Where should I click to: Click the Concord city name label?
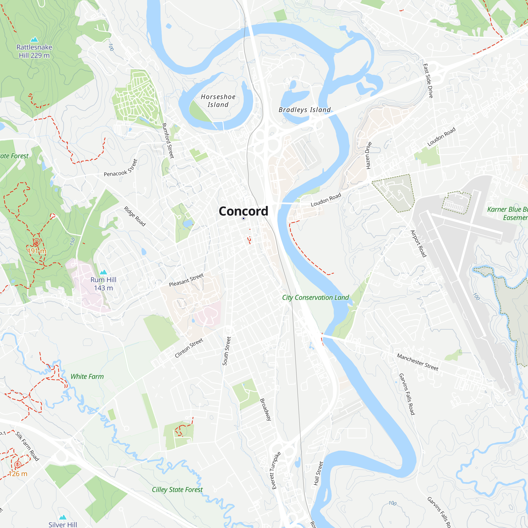243,211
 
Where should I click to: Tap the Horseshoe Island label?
218,101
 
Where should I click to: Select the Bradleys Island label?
304,110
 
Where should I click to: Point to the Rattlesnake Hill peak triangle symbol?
34,40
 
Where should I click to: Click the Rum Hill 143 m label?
103,284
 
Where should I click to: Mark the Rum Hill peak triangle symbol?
103,272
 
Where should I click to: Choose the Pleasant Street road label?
186,280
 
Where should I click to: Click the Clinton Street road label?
189,348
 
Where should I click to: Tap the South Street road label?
227,351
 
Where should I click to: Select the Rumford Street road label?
168,140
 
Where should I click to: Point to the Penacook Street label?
121,168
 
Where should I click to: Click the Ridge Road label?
135,216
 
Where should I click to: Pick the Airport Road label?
418,243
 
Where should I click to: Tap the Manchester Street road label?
417,362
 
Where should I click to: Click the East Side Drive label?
428,81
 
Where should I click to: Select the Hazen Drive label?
369,155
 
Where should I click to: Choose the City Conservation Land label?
315,298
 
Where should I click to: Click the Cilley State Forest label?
177,490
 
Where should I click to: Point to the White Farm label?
87,377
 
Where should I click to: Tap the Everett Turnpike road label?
276,470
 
